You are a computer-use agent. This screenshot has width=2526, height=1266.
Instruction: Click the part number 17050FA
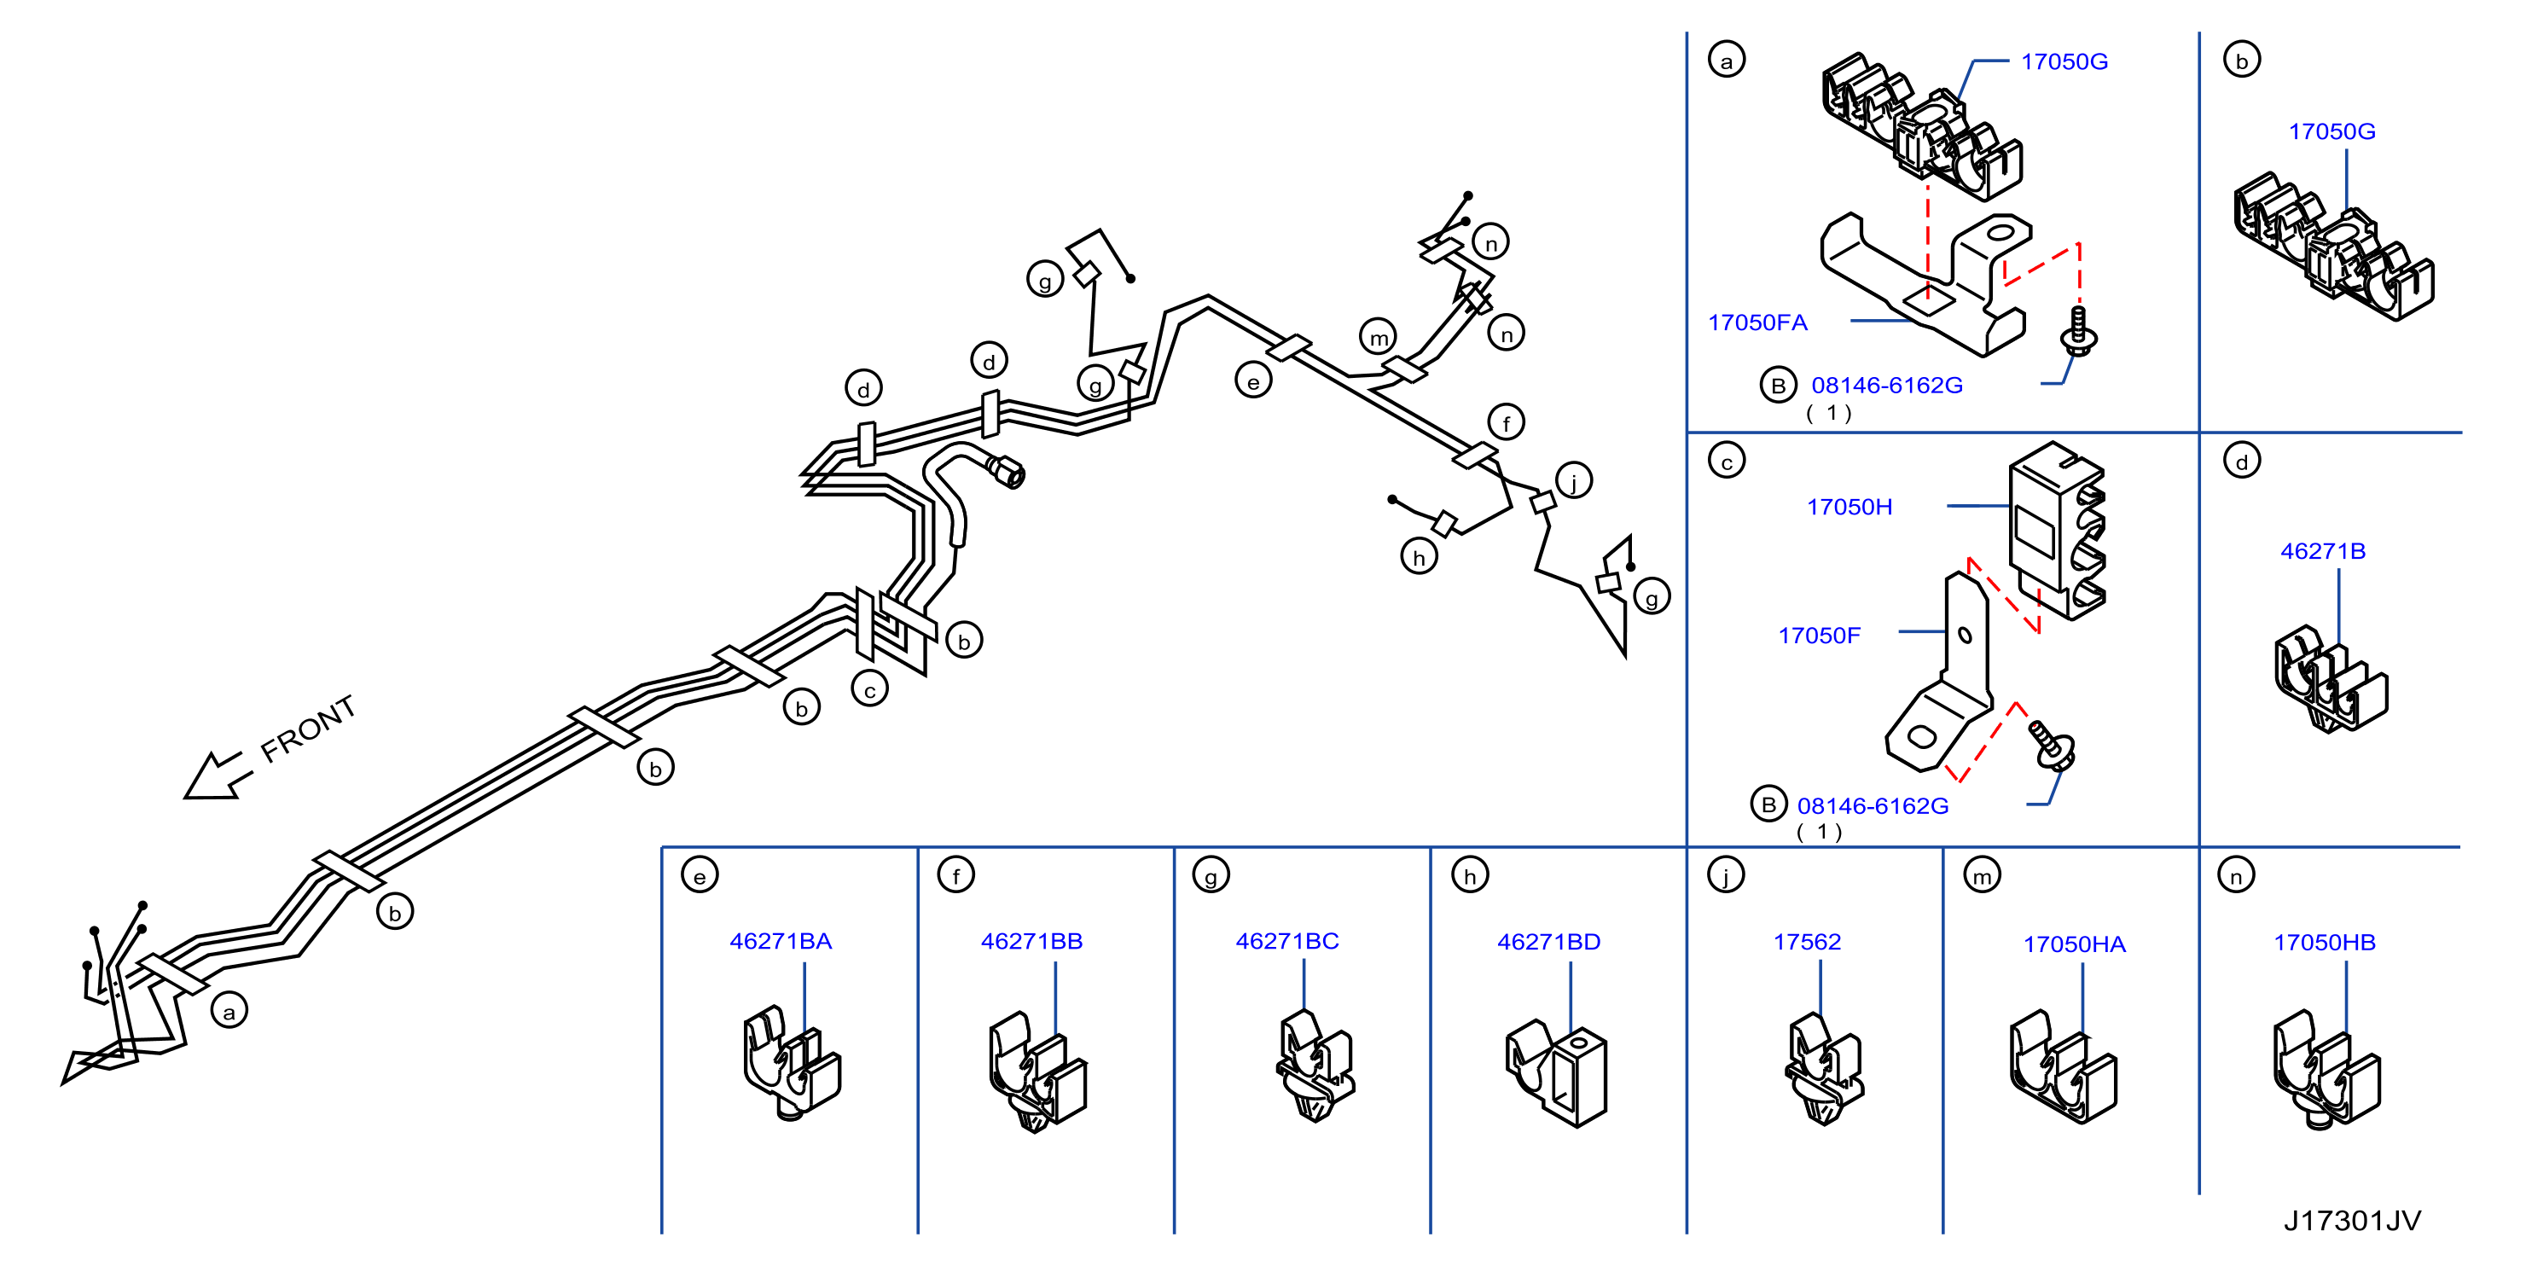coord(1757,322)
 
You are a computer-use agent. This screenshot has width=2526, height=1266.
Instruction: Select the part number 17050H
coord(1849,507)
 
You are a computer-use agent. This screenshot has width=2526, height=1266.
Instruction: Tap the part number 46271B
coord(2322,551)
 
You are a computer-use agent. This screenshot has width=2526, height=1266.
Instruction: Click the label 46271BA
coord(781,942)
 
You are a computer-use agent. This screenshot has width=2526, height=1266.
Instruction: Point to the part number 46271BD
coord(1548,943)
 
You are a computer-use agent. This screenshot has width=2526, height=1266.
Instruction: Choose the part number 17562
coord(1806,943)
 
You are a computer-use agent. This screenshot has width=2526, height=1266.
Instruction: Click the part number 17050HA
coord(2074,944)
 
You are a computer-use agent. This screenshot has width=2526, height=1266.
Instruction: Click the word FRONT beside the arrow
coord(308,729)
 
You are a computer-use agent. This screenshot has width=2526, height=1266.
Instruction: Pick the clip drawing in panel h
coord(1556,1073)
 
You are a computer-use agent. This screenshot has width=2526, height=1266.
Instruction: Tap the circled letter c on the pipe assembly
coord(870,689)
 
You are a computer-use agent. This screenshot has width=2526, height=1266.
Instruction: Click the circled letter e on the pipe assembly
coord(1253,380)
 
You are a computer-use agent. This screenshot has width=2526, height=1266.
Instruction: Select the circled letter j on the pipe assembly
coord(1574,480)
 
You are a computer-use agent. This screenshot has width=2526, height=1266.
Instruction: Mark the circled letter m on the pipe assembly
coord(1379,336)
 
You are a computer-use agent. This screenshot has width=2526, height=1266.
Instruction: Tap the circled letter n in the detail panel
coord(2236,876)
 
